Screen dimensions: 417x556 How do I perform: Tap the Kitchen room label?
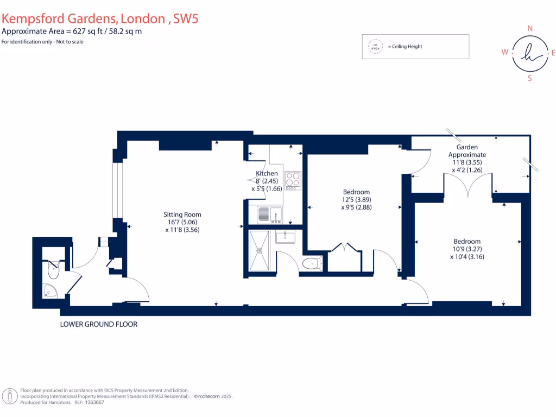[x=267, y=174]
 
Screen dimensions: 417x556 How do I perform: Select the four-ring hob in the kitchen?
[x=293, y=180]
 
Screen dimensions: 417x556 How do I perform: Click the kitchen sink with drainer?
[x=269, y=215]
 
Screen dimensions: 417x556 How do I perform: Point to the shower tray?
[x=259, y=251]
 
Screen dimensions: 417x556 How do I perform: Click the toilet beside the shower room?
[x=312, y=264]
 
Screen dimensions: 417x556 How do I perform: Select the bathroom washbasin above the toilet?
[x=285, y=237]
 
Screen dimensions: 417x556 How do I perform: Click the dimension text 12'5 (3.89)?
[x=356, y=199]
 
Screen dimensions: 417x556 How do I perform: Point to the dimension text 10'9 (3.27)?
[x=467, y=249]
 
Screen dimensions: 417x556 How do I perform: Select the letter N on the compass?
[x=530, y=28]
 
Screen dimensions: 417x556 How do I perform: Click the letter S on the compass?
[x=530, y=78]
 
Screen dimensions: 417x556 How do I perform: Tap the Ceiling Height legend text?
[x=405, y=47]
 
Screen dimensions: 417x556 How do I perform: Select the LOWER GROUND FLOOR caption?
[x=99, y=324]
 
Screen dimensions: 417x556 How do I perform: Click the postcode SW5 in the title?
[x=184, y=18]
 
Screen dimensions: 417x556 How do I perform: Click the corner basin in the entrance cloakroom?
[x=50, y=291]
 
